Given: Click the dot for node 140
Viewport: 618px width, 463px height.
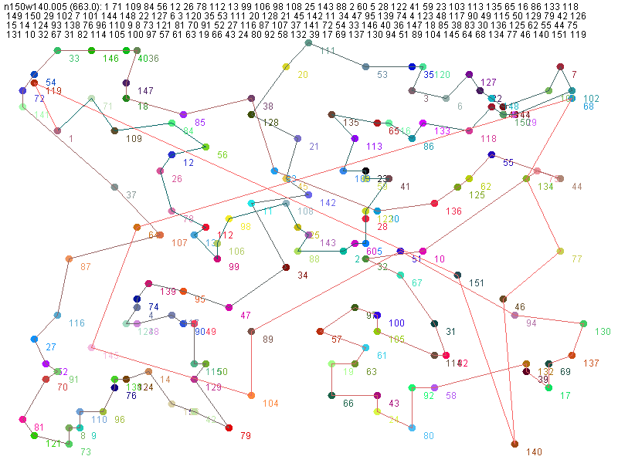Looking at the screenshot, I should point(515,444).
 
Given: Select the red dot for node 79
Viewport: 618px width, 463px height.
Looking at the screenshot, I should point(229,428).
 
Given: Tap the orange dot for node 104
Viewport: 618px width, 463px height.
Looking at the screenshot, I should point(251,396).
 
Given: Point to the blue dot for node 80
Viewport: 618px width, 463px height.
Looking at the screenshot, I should point(412,428).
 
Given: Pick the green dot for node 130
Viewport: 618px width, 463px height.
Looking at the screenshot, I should point(584,323).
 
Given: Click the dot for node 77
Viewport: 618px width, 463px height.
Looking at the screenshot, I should point(560,252).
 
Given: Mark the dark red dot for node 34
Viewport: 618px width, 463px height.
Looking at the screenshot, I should point(286,267).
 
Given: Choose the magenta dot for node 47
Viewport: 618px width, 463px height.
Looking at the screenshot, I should point(229,308).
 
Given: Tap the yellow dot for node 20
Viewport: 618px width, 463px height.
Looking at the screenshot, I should point(286,68).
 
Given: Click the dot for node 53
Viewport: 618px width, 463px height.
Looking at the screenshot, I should point(365,67).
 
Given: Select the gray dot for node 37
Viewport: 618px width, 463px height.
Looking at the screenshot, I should point(114,188).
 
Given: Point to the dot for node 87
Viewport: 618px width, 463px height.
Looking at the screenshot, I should point(69,259).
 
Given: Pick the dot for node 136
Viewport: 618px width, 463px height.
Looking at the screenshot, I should point(434,204).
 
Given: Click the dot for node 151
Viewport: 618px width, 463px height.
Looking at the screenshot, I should point(457,275).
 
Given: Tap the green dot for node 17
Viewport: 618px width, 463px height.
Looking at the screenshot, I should point(548,387).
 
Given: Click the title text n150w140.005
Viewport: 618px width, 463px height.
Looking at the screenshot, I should point(35,6).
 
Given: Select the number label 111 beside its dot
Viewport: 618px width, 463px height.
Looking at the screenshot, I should point(328,51).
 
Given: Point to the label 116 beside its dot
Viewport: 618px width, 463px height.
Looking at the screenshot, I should point(76,323).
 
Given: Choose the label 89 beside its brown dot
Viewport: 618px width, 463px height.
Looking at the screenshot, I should point(268,340).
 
